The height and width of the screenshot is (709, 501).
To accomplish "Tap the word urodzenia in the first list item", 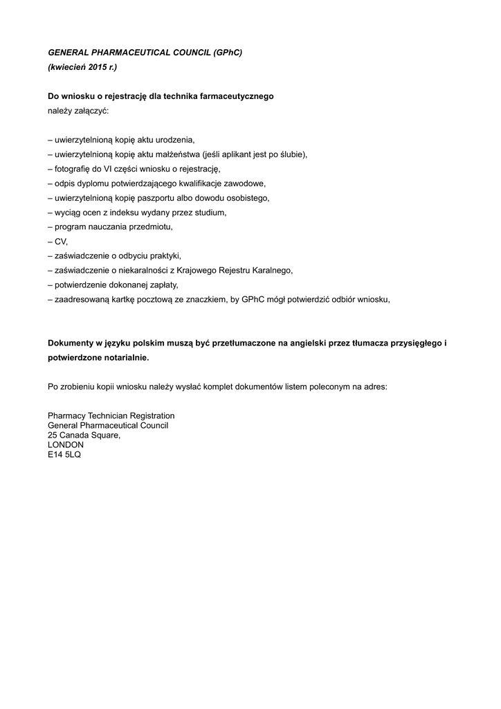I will pos(177,139).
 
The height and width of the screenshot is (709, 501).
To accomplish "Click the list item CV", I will pos(61,241).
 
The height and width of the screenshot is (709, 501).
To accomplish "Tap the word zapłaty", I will pos(161,285).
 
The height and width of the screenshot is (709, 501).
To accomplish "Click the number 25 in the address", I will pos(53,435).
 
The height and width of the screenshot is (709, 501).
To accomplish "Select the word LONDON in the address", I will pos(66,445).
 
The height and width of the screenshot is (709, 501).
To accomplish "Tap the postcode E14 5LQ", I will pos(64,454).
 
